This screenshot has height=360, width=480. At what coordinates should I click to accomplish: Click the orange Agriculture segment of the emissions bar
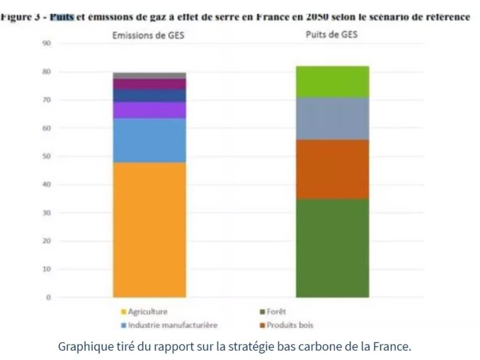pyautogui.click(x=149, y=230)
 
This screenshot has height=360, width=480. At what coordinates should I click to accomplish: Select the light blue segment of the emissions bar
pyautogui.click(x=149, y=140)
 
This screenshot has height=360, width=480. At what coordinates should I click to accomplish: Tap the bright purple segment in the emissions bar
pyautogui.click(x=149, y=110)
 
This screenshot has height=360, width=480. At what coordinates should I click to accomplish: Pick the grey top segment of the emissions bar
pyautogui.click(x=149, y=75)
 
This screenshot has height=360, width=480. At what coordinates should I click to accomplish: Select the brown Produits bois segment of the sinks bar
pyautogui.click(x=333, y=169)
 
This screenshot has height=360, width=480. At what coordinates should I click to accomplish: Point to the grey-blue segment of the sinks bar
pyautogui.click(x=333, y=118)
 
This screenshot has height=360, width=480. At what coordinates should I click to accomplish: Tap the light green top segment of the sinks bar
pyautogui.click(x=333, y=81)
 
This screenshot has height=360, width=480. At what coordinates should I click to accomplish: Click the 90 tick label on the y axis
pyautogui.click(x=46, y=43)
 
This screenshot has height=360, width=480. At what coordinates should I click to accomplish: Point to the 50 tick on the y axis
pyautogui.click(x=46, y=156)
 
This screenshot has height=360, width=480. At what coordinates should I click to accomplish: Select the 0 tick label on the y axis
pyautogui.click(x=48, y=298)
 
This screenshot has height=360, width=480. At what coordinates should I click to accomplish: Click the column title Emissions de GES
pyautogui.click(x=149, y=33)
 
